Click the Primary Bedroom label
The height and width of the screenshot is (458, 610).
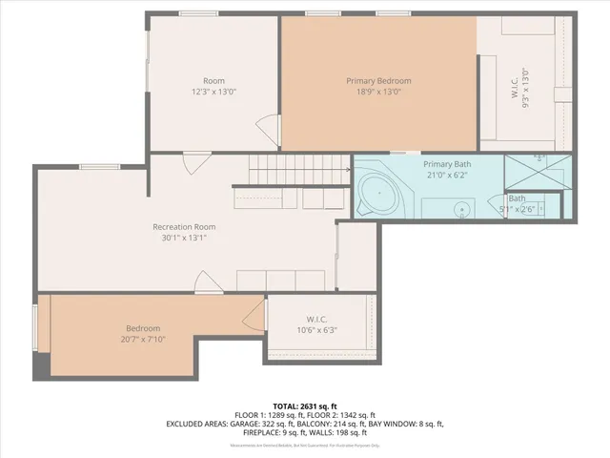coord(378,81)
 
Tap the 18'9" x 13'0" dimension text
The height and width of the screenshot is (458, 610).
coord(378,93)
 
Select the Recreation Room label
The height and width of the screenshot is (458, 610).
coord(184,226)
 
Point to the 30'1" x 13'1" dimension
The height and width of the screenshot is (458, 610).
coord(184,238)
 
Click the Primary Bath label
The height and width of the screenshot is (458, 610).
coord(448,163)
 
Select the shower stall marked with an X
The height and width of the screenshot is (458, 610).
coord(539,171)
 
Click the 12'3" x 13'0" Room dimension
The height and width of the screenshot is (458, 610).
coord(213,93)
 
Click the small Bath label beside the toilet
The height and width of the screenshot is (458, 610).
coord(516,198)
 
